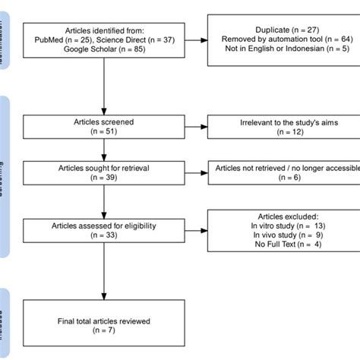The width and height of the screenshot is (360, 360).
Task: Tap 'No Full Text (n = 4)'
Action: pyautogui.click(x=276, y=245)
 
